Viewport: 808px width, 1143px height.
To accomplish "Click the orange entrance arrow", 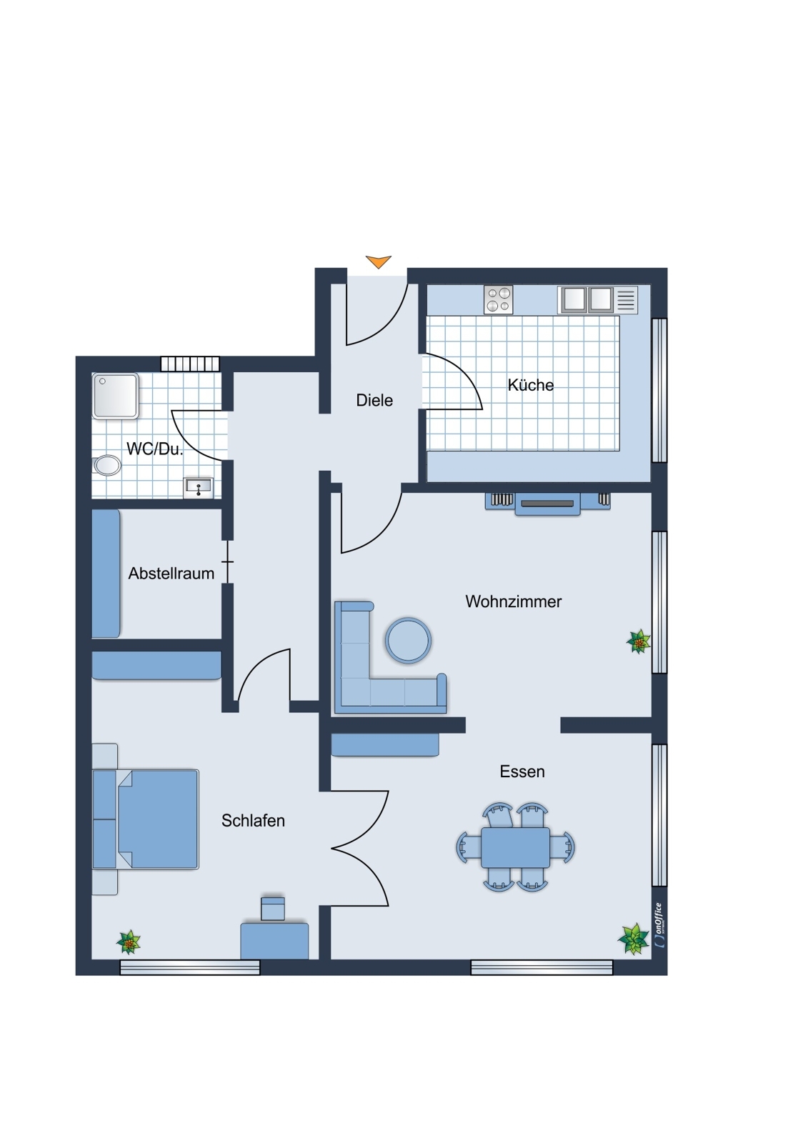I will [378, 261].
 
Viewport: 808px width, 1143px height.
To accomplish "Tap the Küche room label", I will [530, 385].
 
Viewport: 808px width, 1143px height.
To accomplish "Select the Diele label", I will [374, 401].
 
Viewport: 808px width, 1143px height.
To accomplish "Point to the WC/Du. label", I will [154, 449].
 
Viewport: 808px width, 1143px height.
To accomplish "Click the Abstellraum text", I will [171, 574].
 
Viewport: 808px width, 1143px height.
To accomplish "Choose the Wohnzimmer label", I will [513, 602].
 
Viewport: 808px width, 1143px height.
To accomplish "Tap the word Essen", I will [522, 772].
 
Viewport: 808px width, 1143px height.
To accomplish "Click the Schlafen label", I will [253, 821].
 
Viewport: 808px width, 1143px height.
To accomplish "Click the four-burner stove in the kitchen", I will [499, 300].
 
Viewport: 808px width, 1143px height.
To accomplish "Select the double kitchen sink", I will [587, 299].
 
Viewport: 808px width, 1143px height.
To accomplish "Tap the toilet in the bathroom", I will [106, 465].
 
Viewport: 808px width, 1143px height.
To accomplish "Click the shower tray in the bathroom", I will [115, 396].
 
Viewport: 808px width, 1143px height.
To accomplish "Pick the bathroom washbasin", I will [198, 487].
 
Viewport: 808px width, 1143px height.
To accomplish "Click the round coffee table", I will [408, 640].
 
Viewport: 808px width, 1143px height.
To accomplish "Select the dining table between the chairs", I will [515, 847].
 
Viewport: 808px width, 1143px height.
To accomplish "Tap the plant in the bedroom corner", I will [129, 942].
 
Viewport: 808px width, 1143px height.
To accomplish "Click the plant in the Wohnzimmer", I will [638, 642].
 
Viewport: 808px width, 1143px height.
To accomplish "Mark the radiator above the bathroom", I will [189, 364].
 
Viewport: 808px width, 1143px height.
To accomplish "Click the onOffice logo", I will [659, 925].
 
